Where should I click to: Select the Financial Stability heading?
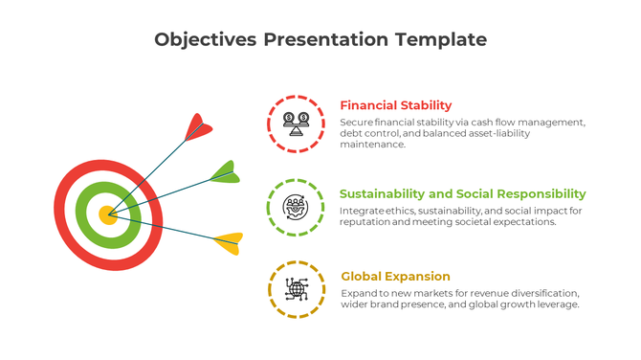395,105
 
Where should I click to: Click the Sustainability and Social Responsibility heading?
462,193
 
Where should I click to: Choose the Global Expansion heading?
395,277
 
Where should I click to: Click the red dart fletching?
198,126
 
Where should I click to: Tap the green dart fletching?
224,172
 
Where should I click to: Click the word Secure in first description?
358,123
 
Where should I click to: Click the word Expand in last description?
360,292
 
